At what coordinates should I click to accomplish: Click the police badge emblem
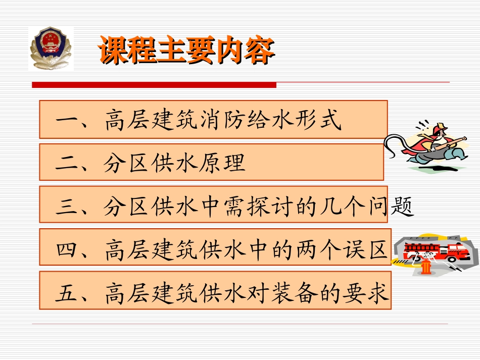pos(51,48)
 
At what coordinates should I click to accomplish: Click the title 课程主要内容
pos(186,50)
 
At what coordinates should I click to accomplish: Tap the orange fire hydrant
pos(426,266)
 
